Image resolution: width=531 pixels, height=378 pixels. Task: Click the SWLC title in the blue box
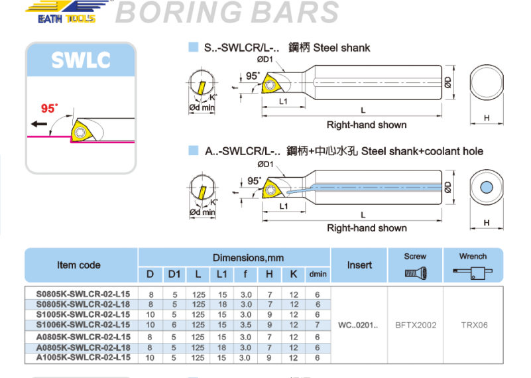click(x=80, y=60)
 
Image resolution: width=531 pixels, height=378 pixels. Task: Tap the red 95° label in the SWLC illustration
click(x=49, y=108)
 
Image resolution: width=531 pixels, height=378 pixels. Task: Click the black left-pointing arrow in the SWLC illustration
click(x=39, y=124)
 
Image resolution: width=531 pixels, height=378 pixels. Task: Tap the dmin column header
click(x=318, y=274)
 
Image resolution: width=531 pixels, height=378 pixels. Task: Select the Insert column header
click(x=359, y=265)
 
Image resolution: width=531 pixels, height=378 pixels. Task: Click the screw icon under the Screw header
click(x=416, y=272)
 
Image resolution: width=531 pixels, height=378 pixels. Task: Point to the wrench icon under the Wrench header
click(x=473, y=271)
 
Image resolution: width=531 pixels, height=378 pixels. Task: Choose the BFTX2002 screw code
click(x=416, y=325)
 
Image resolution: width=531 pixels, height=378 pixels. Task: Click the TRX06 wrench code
click(x=474, y=325)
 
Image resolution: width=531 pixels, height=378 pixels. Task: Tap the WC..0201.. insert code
click(x=359, y=325)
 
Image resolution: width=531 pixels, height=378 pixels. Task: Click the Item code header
click(x=79, y=265)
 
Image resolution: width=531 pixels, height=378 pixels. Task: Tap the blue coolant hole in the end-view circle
click(x=487, y=188)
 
